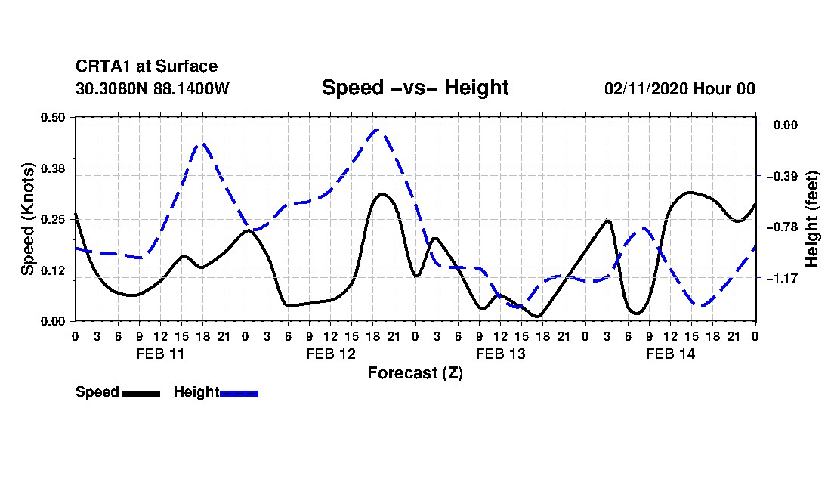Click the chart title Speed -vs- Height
click(x=415, y=88)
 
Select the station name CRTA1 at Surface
click(x=147, y=66)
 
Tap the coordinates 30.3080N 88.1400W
click(x=153, y=88)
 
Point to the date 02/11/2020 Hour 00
click(x=680, y=88)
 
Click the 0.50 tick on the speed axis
click(x=52, y=117)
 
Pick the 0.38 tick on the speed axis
click(x=52, y=168)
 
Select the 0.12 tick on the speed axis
click(x=52, y=270)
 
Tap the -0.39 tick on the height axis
click(x=782, y=176)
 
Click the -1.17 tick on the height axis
click(x=782, y=278)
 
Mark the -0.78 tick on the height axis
click(x=782, y=227)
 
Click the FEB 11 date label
click(x=160, y=354)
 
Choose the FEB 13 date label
click(x=500, y=354)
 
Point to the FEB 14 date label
click(x=670, y=354)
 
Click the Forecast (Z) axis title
click(x=415, y=373)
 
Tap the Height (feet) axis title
click(x=811, y=219)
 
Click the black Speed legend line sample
click(x=141, y=393)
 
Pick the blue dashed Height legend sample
click(x=239, y=393)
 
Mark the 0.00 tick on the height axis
click(x=786, y=125)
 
